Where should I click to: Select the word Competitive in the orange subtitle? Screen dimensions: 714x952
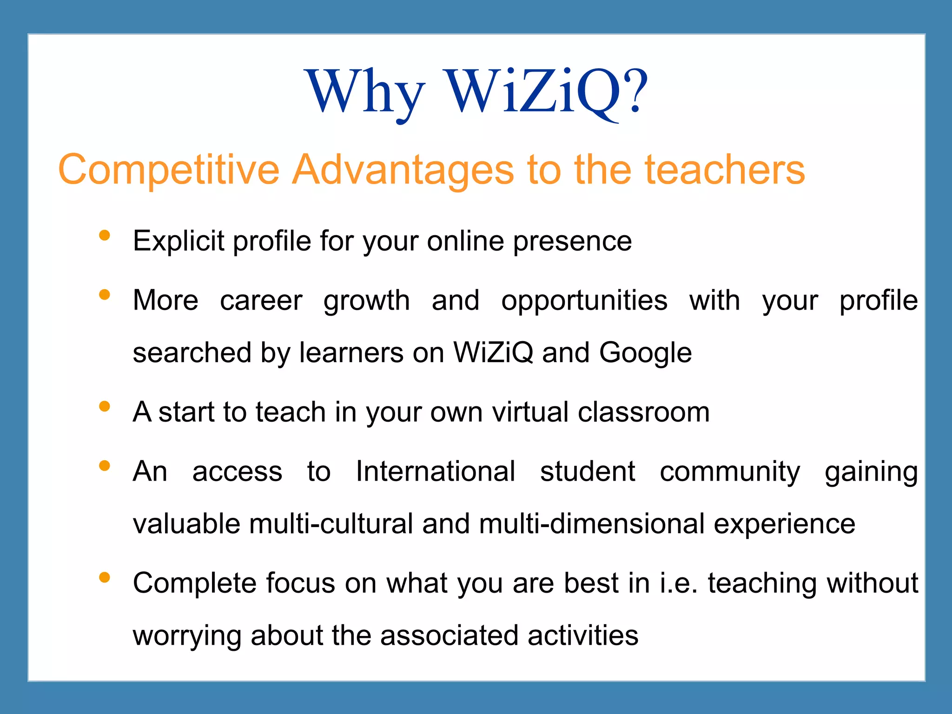point(169,170)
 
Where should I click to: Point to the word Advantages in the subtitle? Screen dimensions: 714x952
point(403,170)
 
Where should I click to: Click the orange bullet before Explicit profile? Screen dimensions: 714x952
point(105,235)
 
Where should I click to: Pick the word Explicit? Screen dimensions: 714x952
point(178,241)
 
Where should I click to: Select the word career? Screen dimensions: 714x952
point(261,300)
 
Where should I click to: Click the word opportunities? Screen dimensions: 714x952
point(584,300)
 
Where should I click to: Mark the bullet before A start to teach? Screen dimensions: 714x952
point(105,407)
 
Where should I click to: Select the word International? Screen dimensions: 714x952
point(436,471)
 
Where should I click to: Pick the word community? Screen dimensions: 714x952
point(730,471)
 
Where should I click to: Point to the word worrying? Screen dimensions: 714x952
point(187,635)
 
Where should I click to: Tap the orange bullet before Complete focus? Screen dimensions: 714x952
point(105,577)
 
